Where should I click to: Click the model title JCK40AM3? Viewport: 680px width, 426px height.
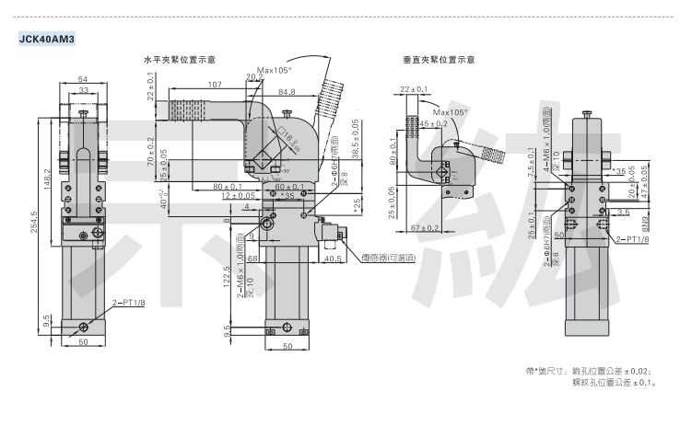pyautogui.click(x=46, y=39)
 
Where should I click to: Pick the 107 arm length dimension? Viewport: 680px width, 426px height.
pyautogui.click(x=214, y=86)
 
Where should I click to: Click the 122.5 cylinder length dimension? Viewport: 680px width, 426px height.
pyautogui.click(x=228, y=274)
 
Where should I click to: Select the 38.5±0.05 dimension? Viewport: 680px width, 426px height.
pyautogui.click(x=356, y=137)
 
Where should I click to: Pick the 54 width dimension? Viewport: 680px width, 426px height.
pyautogui.click(x=83, y=80)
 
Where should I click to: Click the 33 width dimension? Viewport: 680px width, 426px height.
pyautogui.click(x=83, y=90)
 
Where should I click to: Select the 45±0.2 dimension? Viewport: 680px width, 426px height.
pyautogui.click(x=433, y=123)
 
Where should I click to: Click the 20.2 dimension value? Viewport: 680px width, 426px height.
pyautogui.click(x=253, y=78)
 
